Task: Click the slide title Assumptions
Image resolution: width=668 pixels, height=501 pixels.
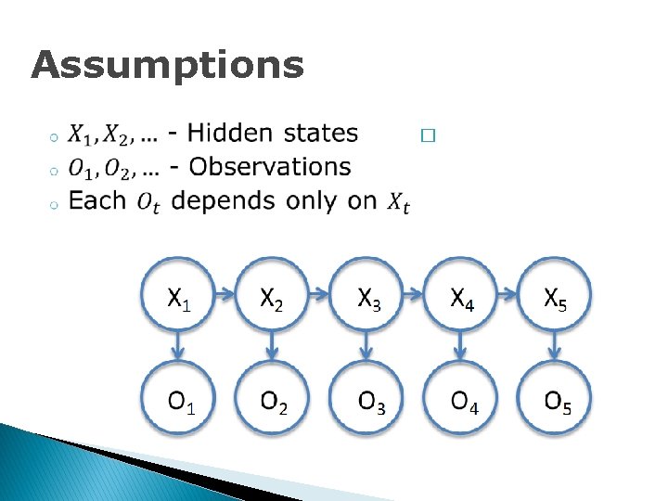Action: pyautogui.click(x=167, y=66)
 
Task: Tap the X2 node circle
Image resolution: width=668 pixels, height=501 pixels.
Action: pyautogui.click(x=272, y=299)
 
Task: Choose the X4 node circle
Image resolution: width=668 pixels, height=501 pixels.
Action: pyautogui.click(x=462, y=299)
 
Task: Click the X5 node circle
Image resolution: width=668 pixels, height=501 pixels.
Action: pyautogui.click(x=554, y=299)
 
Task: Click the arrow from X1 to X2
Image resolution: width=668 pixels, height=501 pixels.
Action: pyautogui.click(x=225, y=297)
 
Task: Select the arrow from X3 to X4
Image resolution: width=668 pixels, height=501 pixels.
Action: pyautogui.click(x=416, y=297)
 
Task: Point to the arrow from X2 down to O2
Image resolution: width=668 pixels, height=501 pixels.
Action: pyautogui.click(x=272, y=349)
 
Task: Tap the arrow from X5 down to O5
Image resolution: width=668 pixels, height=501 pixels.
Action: pyautogui.click(x=554, y=349)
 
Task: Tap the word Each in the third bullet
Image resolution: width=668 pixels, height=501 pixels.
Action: pyautogui.click(x=97, y=200)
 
